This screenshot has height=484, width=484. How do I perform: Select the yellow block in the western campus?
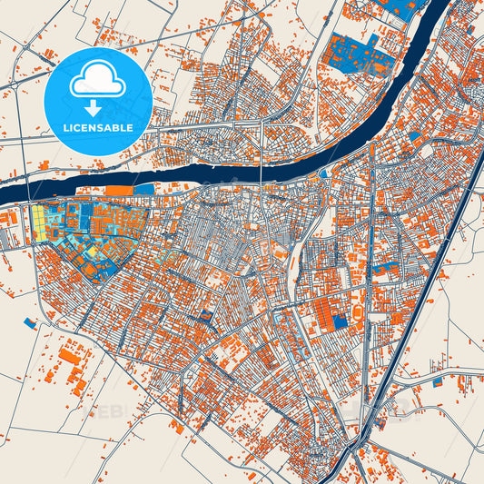41,222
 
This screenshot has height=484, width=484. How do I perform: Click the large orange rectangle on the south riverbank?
118,190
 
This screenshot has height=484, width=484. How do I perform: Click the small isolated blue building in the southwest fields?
29,322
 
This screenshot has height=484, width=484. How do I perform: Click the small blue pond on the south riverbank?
325,172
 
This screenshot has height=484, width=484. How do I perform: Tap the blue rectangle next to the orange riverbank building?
143,189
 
